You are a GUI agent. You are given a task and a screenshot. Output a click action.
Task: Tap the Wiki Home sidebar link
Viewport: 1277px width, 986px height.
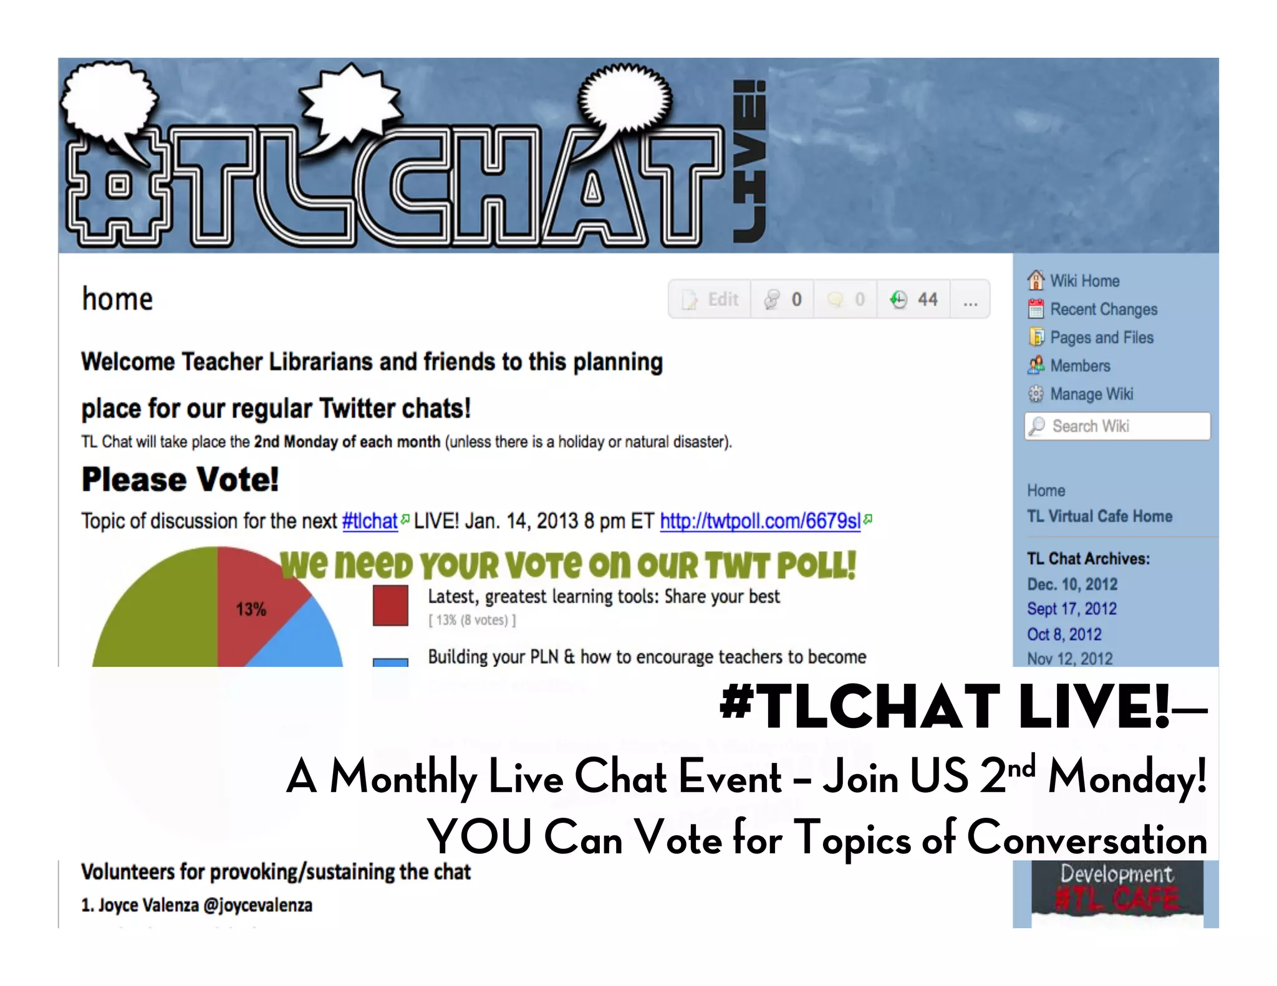[x=1084, y=281]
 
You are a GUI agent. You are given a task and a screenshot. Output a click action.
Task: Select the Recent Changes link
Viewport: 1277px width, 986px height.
[x=1103, y=309]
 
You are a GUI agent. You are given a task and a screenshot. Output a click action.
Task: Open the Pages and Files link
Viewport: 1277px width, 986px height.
[x=1101, y=337]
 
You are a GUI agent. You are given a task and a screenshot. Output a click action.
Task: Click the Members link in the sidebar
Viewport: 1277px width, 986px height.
[x=1080, y=366]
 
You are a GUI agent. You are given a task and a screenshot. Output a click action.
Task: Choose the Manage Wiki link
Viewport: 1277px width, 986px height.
[x=1091, y=394]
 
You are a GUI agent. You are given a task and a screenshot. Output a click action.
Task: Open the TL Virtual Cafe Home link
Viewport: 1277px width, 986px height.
[x=1099, y=516]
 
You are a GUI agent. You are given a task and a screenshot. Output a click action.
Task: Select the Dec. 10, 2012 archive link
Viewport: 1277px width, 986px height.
[x=1072, y=584]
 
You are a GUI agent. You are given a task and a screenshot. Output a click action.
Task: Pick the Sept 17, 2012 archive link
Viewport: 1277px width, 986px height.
[x=1071, y=609]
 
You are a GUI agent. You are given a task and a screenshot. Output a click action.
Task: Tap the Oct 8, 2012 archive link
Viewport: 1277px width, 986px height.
[x=1064, y=634]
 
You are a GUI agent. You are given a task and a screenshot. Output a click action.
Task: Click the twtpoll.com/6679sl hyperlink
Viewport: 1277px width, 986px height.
[x=760, y=520]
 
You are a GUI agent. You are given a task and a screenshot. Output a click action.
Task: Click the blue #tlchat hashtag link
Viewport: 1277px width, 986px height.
[x=370, y=520]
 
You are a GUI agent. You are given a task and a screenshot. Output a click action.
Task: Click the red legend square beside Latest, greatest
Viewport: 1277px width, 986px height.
[x=390, y=605]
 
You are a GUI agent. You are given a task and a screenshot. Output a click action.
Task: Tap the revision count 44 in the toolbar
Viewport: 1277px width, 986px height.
[x=927, y=300]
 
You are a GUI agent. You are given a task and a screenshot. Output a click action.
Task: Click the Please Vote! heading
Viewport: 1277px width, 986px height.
[x=180, y=479]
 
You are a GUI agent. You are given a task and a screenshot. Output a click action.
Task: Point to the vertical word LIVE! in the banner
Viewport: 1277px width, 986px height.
[x=749, y=162]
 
